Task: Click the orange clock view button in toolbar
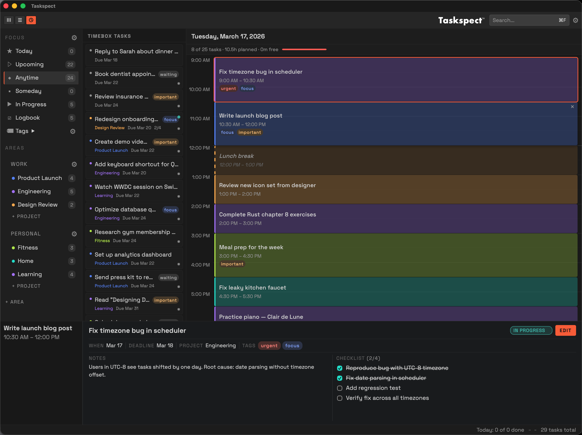[x=31, y=20]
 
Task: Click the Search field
[x=524, y=20]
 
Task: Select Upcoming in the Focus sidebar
[x=29, y=64]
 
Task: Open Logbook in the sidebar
[x=27, y=118]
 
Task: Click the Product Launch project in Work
[x=39, y=178]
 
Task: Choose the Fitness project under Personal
[x=28, y=248]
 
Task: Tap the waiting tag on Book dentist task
[x=168, y=74]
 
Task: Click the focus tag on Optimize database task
[x=170, y=210]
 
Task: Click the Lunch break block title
[x=236, y=156]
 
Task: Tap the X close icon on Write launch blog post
[x=572, y=107]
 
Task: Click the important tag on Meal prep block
[x=232, y=264]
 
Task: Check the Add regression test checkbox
[x=340, y=388]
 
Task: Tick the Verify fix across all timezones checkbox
[x=340, y=398]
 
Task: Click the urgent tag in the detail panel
[x=269, y=346]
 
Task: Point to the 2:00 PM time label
[x=200, y=206]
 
